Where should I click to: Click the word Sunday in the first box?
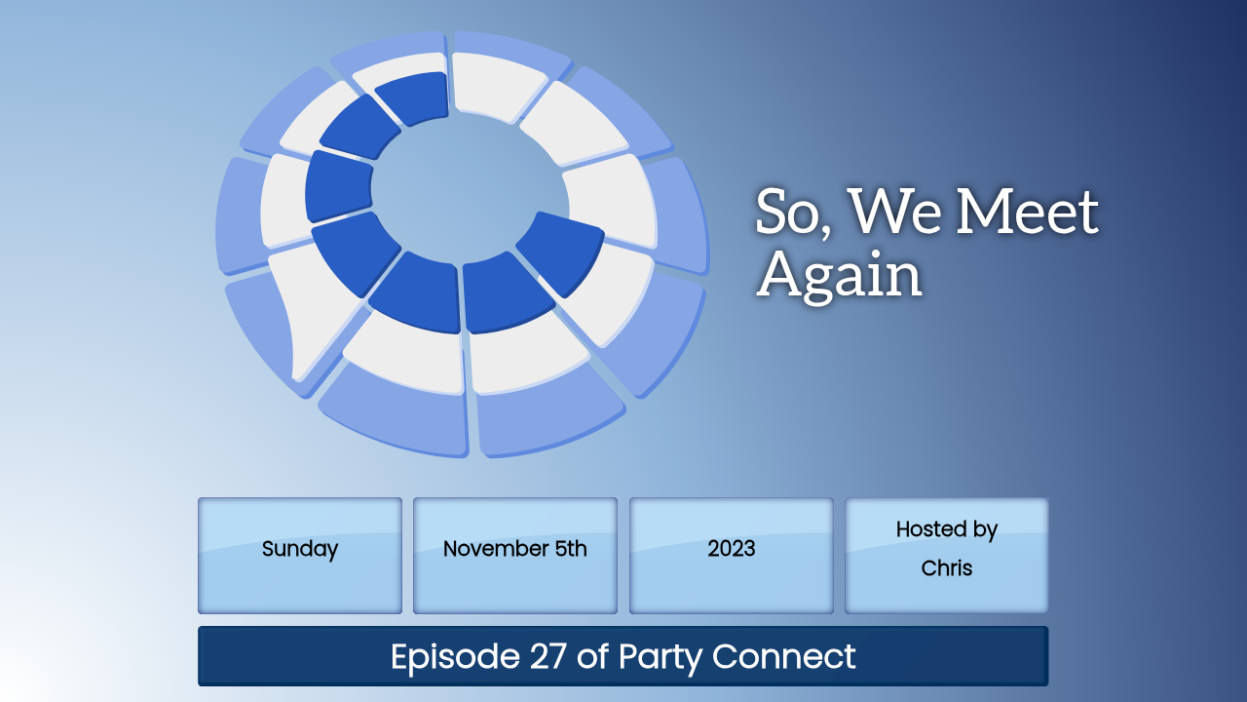pos(299,549)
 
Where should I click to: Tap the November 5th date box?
pos(515,556)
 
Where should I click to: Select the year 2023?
pos(731,549)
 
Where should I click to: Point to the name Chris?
pos(946,568)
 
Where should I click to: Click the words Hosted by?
pos(946,529)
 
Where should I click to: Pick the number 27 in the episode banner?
pos(548,656)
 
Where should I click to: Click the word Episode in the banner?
pos(455,657)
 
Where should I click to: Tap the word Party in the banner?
pos(661,657)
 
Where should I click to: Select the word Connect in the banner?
pos(784,656)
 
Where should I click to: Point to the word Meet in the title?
pos(1027,212)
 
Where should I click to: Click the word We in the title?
pos(894,212)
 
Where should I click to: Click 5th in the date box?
pos(571,549)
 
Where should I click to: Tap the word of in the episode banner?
pos(592,656)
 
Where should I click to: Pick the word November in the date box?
pos(496,549)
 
